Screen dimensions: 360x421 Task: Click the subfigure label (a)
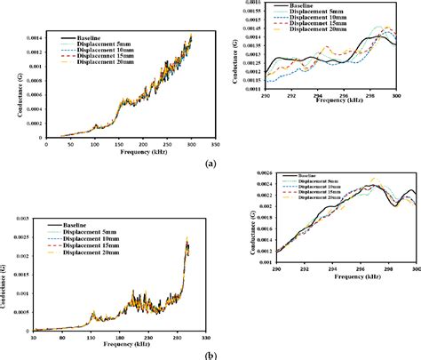click(x=210, y=165)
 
